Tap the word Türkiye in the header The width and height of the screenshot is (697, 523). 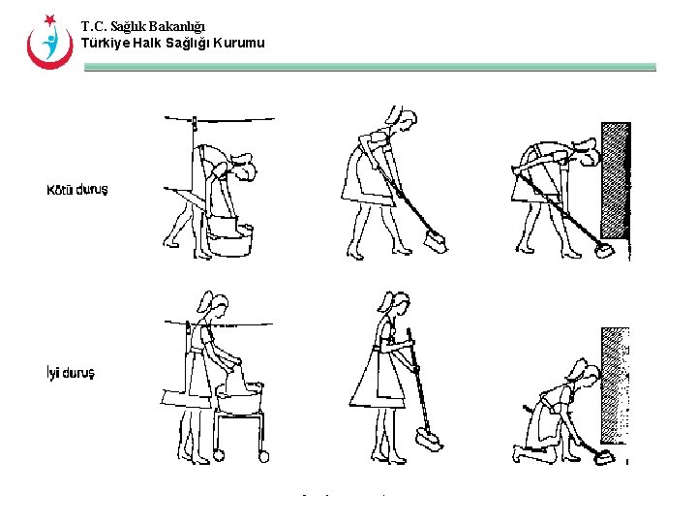coord(106,44)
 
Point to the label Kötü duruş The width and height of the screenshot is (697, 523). coord(77,190)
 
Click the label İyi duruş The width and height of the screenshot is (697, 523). coord(71,373)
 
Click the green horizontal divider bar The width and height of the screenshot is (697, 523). coord(370,67)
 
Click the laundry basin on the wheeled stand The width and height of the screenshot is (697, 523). coord(239,398)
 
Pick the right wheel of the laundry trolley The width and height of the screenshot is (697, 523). coord(263,457)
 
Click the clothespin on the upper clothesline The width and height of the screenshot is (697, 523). coord(195,123)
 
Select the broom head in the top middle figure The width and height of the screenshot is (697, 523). coord(436,242)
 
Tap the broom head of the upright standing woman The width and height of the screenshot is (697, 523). coord(429,440)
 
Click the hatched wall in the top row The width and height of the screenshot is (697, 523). coord(616,180)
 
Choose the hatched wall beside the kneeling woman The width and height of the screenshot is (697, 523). coord(616,385)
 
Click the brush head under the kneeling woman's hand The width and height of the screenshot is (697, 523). coord(603,458)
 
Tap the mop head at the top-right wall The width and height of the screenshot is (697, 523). coord(604,251)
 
